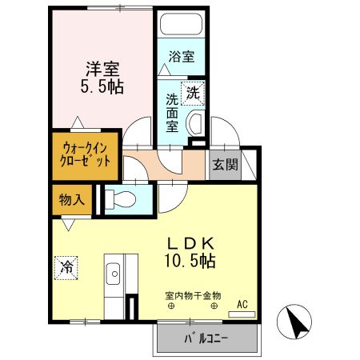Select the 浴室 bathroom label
181,57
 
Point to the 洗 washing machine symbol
192,93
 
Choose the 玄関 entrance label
225,165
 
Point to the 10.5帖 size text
189,260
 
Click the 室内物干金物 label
192,295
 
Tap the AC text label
243,304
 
